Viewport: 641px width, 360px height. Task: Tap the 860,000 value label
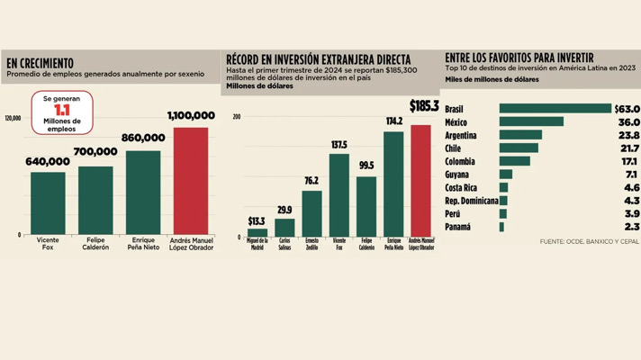point(143,138)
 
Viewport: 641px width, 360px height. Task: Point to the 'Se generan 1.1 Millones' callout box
point(62,113)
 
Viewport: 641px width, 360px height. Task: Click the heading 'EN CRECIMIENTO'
point(40,63)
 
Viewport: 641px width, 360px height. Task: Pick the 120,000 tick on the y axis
point(13,118)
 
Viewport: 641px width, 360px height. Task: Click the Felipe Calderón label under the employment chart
point(95,244)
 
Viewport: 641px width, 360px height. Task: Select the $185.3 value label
point(423,106)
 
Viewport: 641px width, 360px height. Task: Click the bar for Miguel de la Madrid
point(257,232)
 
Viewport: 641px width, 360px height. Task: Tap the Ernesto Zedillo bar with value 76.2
point(311,213)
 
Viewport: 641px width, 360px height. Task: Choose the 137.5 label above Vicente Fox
point(339,145)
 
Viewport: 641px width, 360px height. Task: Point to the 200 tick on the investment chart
point(237,118)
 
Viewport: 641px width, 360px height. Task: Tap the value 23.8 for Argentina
point(627,135)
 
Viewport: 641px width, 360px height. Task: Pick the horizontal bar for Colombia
point(515,161)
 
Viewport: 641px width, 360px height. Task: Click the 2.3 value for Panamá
point(630,227)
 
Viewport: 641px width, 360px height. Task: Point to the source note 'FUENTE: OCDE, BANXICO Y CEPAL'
point(589,241)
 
